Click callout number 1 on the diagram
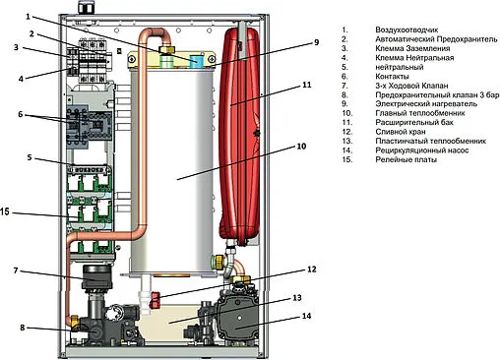pyautogui.click(x=28, y=17)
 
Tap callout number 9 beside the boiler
pyautogui.click(x=316, y=42)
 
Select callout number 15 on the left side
pyautogui.click(x=5, y=211)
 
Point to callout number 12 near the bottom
pyautogui.click(x=311, y=270)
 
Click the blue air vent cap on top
pyautogui.click(x=197, y=60)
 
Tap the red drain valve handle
pyautogui.click(x=155, y=300)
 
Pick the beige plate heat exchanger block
pyautogui.click(x=169, y=320)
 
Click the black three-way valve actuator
pyautogui.click(x=96, y=277)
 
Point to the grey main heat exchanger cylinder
pyautogui.click(x=172, y=170)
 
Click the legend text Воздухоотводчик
pyautogui.click(x=406, y=30)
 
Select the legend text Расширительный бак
pyautogui.click(x=414, y=123)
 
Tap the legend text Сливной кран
pyautogui.click(x=401, y=132)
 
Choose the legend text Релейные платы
pyautogui.click(x=406, y=159)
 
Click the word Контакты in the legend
pyautogui.click(x=392, y=77)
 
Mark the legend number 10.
pyautogui.click(x=346, y=113)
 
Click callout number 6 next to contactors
pyautogui.click(x=21, y=114)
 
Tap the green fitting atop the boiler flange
pyautogui.click(x=166, y=61)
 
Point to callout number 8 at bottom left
pyautogui.click(x=23, y=328)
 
